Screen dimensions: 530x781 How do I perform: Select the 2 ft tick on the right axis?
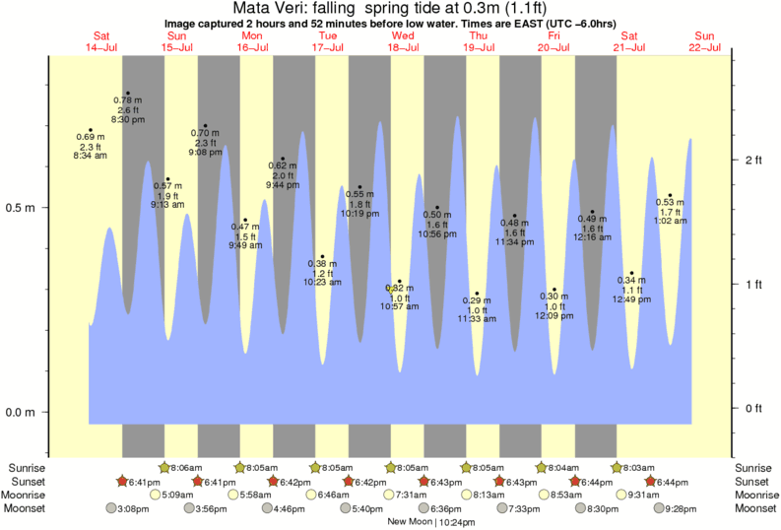752,160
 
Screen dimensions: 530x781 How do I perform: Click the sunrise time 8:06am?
184,467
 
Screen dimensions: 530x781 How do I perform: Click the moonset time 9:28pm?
679,508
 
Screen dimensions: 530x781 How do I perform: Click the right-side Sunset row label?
754,481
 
